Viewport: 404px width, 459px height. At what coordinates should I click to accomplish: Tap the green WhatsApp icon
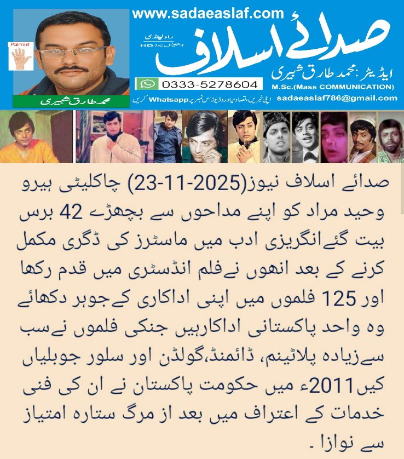coord(147,84)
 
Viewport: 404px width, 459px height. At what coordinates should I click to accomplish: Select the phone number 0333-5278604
coord(209,84)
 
